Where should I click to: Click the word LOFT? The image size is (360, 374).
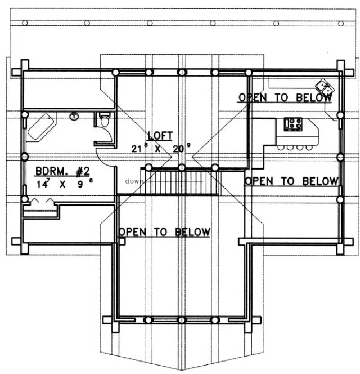coord(160,136)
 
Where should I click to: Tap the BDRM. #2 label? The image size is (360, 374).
coord(62,171)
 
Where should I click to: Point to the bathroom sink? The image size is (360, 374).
coord(74,117)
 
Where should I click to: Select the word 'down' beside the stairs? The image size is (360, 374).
coord(134,181)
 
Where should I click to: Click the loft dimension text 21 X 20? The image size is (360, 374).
coord(160,149)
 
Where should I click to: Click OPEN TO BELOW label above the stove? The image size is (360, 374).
coord(285,97)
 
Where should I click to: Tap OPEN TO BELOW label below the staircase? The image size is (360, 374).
coord(164,232)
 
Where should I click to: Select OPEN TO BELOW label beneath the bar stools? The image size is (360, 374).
coord(291,181)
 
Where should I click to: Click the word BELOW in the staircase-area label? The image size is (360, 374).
coord(193,232)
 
